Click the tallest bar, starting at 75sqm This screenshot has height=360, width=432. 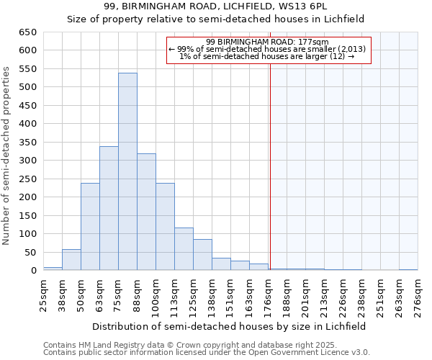tap(127, 171)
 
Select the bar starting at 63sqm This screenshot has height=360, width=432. tap(109, 209)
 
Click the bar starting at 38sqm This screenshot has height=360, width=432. tap(71, 260)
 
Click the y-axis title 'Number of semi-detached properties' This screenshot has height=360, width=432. tap(7, 155)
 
